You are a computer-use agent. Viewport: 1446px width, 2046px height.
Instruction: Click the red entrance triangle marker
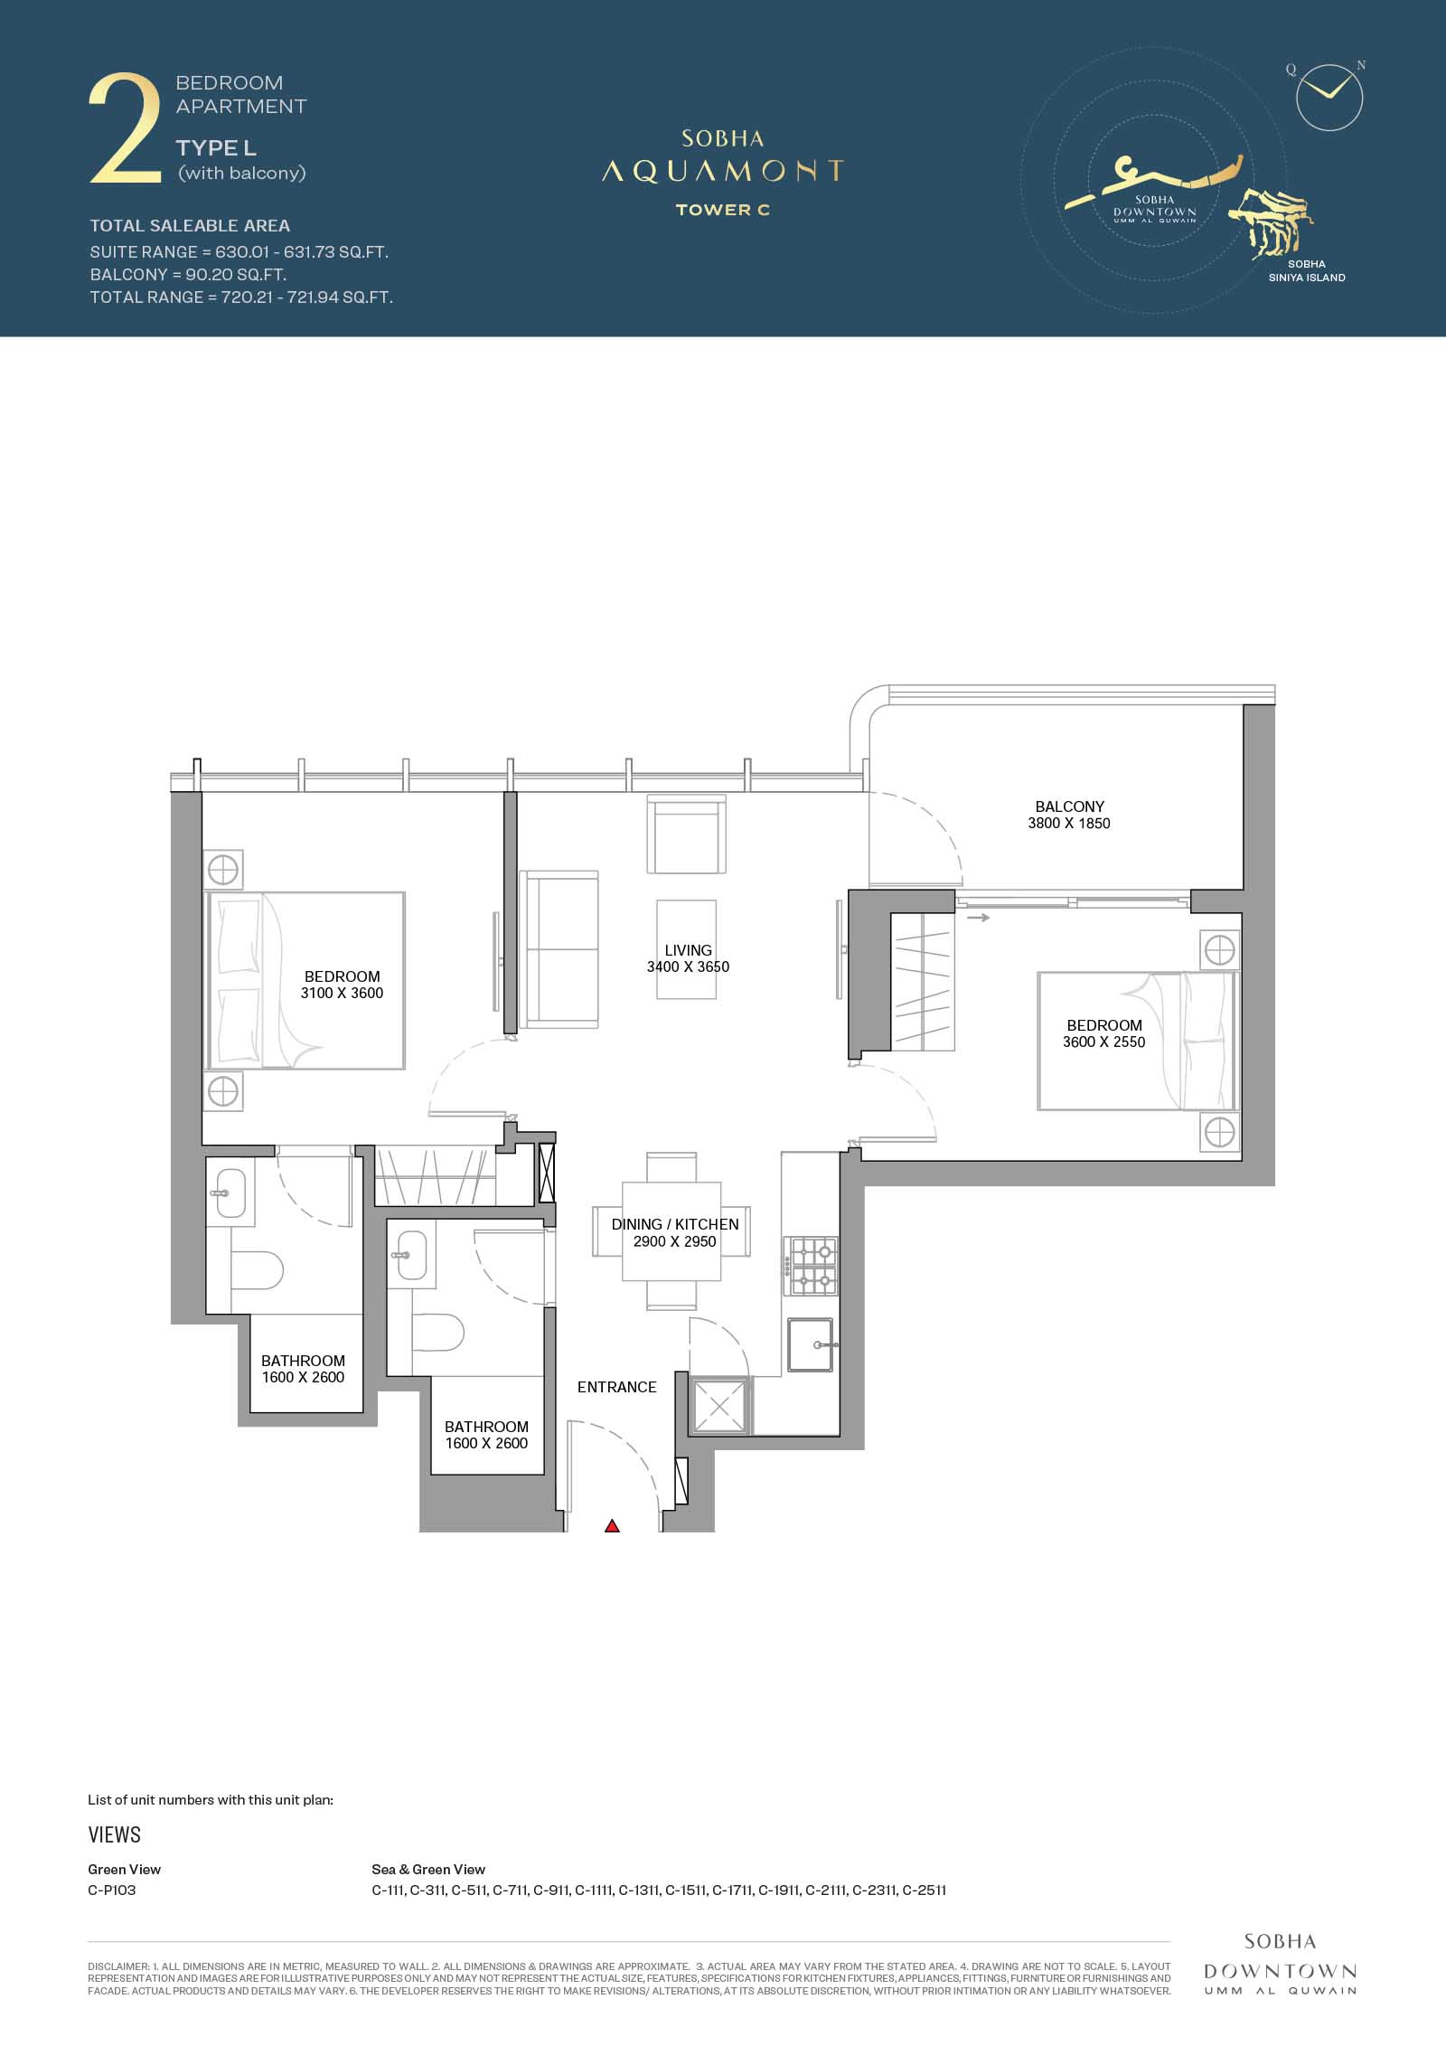click(612, 1526)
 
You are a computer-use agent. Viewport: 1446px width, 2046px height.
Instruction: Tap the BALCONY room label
click(1070, 806)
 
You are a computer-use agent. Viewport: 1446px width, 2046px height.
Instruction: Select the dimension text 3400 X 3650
click(688, 966)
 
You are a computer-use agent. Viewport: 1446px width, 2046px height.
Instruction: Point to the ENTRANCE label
click(617, 1387)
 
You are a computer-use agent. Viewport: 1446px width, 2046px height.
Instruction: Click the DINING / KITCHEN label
click(675, 1224)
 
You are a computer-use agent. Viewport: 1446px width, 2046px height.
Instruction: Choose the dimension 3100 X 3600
click(343, 993)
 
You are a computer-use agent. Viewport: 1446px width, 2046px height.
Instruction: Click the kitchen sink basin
click(813, 1344)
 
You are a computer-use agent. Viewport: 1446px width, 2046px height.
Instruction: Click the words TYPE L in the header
click(216, 148)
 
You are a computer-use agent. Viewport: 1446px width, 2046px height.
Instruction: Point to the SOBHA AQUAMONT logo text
click(723, 158)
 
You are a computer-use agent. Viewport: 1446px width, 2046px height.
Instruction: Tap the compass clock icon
click(1329, 98)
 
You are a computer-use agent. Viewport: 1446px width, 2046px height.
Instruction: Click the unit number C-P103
click(112, 1890)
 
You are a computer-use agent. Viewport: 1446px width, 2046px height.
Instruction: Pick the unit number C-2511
click(925, 1890)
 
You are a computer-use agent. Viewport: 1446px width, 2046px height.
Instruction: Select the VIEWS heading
click(115, 1834)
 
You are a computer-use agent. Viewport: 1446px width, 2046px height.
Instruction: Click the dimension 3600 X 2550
click(1104, 1042)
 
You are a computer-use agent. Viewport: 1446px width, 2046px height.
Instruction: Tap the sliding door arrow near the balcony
click(978, 918)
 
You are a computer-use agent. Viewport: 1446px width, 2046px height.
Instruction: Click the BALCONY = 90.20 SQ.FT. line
click(188, 274)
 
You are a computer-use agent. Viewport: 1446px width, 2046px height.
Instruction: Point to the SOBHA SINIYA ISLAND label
click(1307, 271)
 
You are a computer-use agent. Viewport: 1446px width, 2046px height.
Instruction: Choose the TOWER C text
click(723, 210)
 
